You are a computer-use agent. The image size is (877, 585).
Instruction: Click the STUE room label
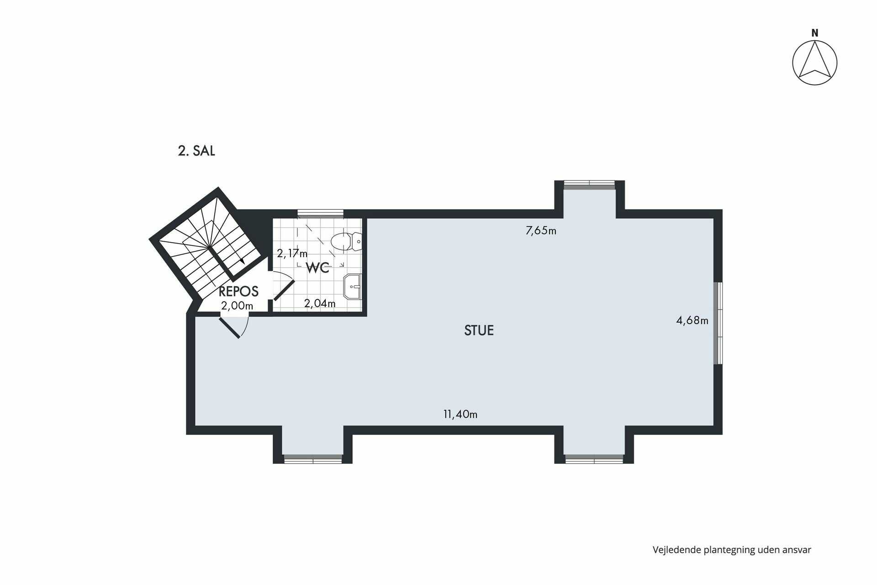(479, 330)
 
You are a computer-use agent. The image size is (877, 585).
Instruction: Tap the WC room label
(317, 268)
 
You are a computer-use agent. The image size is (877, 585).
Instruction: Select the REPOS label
(238, 291)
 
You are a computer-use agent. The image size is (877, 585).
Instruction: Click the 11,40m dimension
(460, 414)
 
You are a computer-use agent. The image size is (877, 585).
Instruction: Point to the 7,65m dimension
(541, 230)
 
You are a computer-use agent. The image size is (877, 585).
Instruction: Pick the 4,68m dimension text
(692, 320)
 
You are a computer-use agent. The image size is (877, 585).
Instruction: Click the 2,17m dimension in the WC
(292, 253)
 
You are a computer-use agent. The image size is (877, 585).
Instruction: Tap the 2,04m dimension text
(320, 303)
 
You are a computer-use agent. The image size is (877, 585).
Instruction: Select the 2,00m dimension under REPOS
(237, 306)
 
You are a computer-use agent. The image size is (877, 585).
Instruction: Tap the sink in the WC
(353, 287)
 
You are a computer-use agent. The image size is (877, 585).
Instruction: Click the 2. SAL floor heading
(196, 151)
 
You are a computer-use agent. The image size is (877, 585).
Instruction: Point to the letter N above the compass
(814, 33)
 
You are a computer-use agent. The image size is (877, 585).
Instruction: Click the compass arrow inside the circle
(814, 62)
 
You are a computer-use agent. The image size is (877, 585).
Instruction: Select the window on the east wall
(718, 323)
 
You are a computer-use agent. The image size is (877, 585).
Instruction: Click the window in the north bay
(589, 184)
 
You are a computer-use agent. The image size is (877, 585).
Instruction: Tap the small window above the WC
(320, 213)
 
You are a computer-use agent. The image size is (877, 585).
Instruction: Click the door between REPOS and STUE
(230, 328)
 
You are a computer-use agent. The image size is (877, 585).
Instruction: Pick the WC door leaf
(284, 290)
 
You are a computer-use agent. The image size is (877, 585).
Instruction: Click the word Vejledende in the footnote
(676, 550)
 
